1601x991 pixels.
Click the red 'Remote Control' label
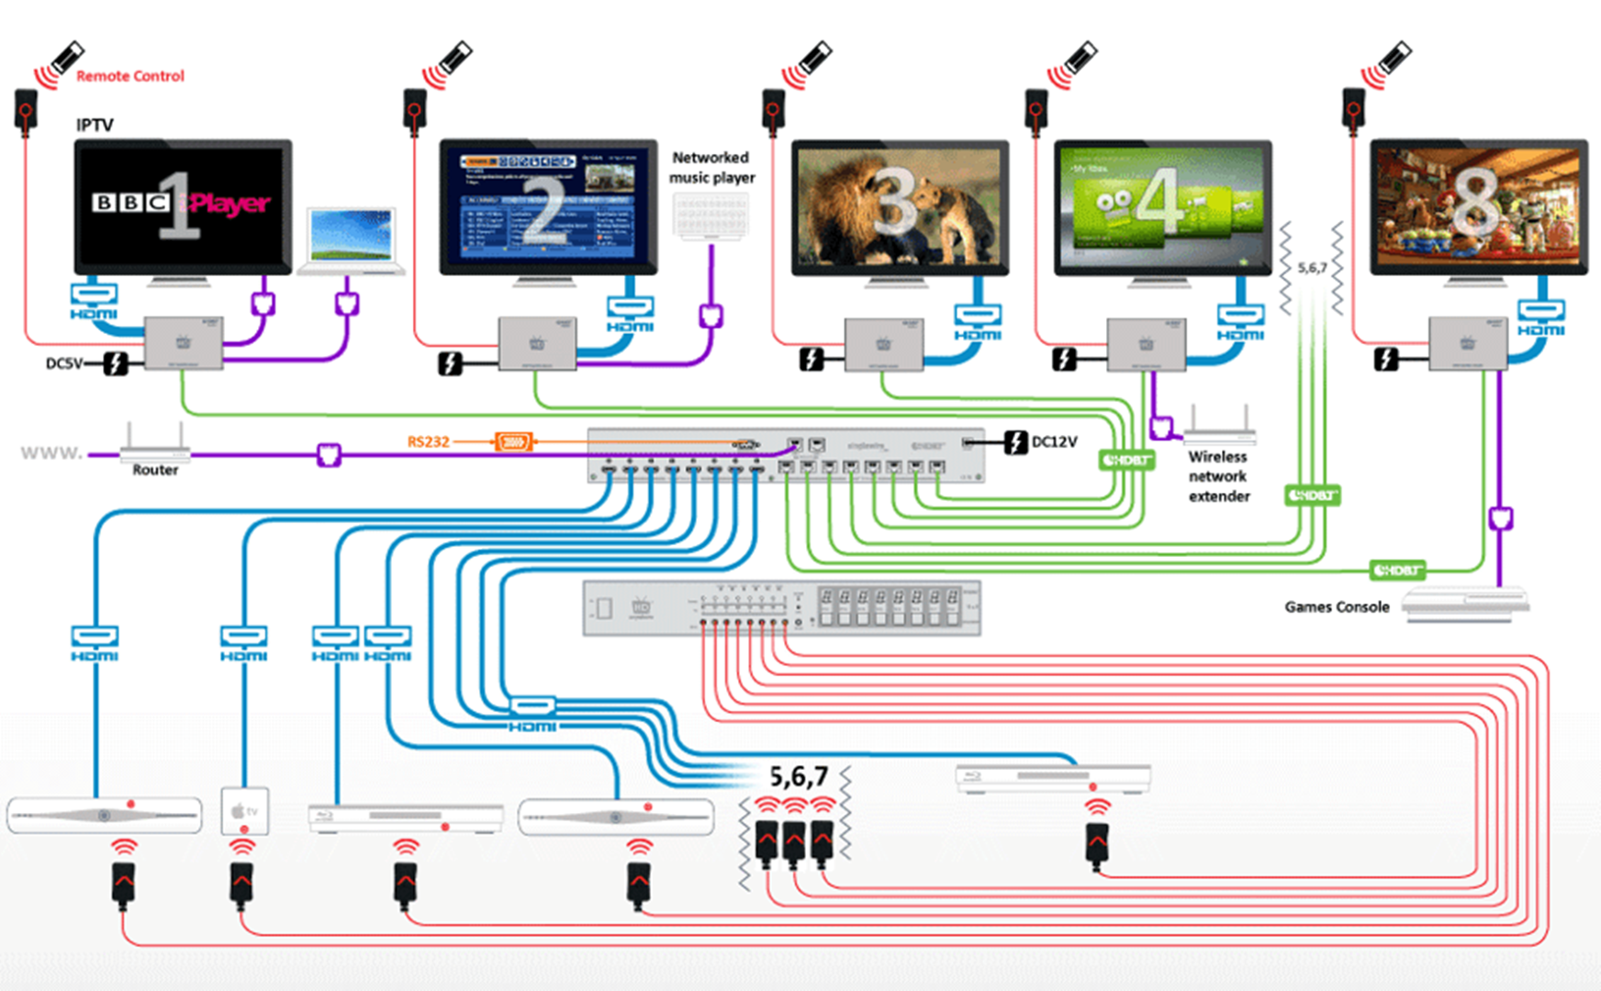(x=129, y=76)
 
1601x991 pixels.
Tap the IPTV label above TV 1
(x=95, y=125)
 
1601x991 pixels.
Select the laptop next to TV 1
(x=352, y=240)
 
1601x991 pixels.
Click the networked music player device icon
(x=711, y=217)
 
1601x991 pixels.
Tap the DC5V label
(x=63, y=363)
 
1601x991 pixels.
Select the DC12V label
(x=1054, y=441)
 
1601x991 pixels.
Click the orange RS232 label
(x=428, y=441)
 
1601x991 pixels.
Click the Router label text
(x=155, y=470)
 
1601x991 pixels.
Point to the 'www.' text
(x=51, y=452)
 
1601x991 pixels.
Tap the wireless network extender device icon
(x=1219, y=426)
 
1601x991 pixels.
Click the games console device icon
(x=1465, y=606)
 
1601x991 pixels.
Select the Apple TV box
(x=245, y=810)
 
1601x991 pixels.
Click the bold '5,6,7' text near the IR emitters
(x=798, y=777)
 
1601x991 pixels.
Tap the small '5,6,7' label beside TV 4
(x=1312, y=268)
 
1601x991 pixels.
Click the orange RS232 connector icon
(x=513, y=442)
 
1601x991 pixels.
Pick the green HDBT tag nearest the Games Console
(x=1396, y=570)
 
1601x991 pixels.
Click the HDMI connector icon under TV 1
(x=94, y=295)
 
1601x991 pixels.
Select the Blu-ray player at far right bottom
(x=1052, y=778)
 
